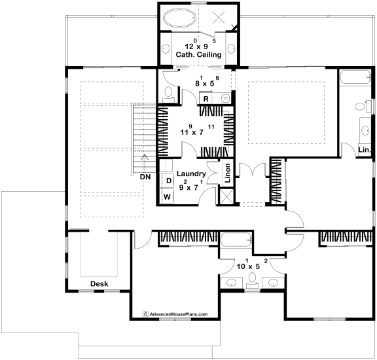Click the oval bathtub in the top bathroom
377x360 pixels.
[x=180, y=18]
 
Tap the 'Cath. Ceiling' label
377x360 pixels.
[x=198, y=54]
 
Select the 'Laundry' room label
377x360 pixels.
[x=191, y=173]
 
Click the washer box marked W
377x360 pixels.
[x=167, y=197]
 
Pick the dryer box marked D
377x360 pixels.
[x=169, y=181]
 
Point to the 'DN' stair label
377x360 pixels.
[x=145, y=177]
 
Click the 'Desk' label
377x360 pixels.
[x=99, y=284]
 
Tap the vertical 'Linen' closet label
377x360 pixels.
[x=228, y=173]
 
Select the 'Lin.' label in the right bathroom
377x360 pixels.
[x=365, y=150]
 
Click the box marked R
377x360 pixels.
[x=206, y=99]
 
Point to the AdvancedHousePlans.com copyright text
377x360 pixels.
[x=175, y=314]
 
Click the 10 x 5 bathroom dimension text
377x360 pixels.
[x=252, y=264]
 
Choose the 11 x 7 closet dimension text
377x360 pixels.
[x=197, y=130]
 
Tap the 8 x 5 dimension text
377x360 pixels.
[x=207, y=82]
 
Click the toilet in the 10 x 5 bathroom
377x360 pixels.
[x=252, y=280]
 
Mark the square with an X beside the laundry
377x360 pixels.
[x=226, y=196]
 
